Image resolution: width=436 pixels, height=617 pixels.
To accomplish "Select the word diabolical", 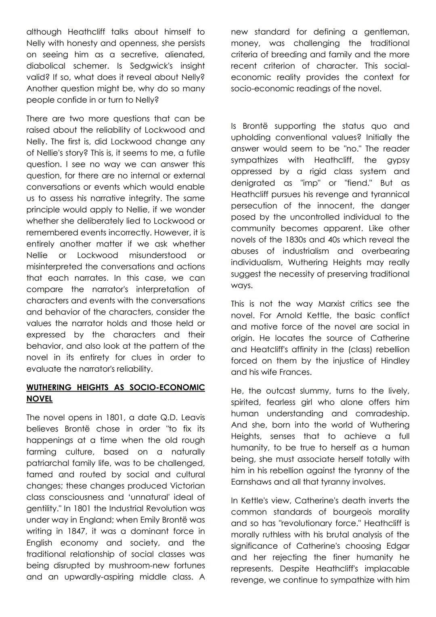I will pyautogui.click(x=46, y=65).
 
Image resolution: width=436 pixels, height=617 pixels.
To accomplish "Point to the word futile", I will pyautogui.click(x=194, y=153).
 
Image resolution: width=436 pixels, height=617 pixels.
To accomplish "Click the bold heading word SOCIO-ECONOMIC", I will pyautogui.click(x=167, y=387).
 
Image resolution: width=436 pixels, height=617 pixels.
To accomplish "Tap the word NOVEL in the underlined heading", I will pyautogui.click(x=39, y=398).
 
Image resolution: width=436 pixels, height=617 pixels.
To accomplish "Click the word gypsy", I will pyautogui.click(x=398, y=160).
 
